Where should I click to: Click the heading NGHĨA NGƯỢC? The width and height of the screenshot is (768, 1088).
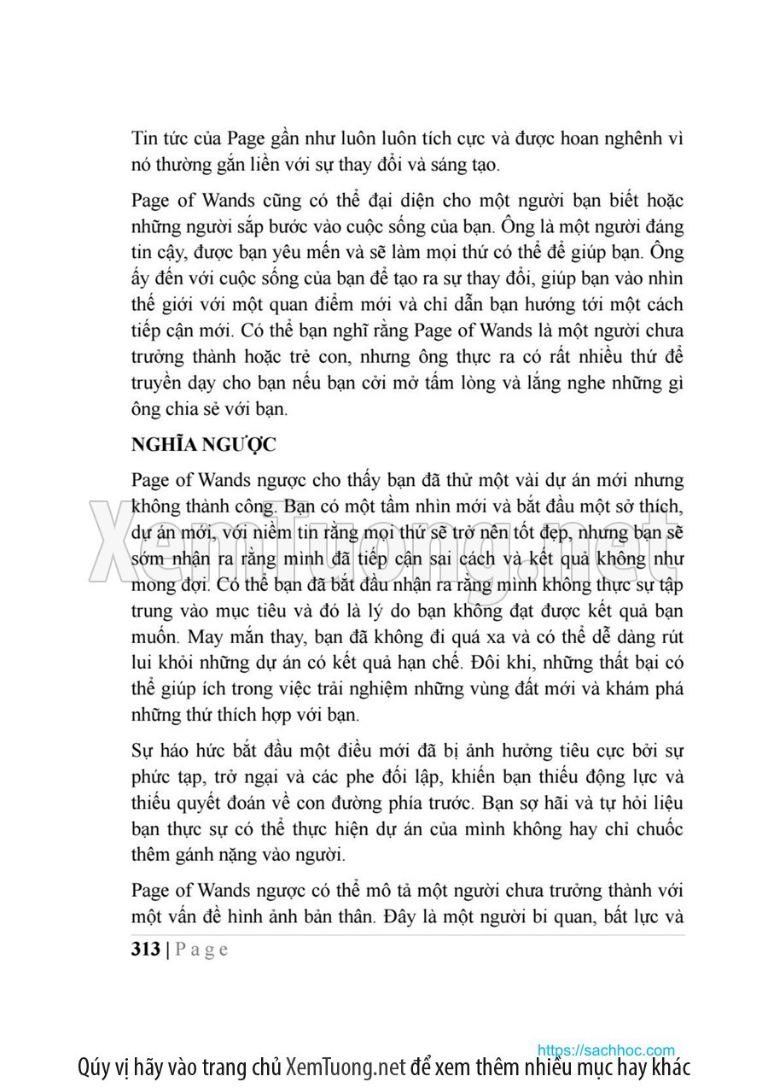[x=203, y=445]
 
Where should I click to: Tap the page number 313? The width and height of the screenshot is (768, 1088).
[x=147, y=949]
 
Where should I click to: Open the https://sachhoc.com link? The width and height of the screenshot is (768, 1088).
[x=606, y=1050]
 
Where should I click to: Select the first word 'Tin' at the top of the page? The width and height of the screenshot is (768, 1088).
[x=144, y=138]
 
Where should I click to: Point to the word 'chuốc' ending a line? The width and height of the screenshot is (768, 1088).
[x=657, y=829]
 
